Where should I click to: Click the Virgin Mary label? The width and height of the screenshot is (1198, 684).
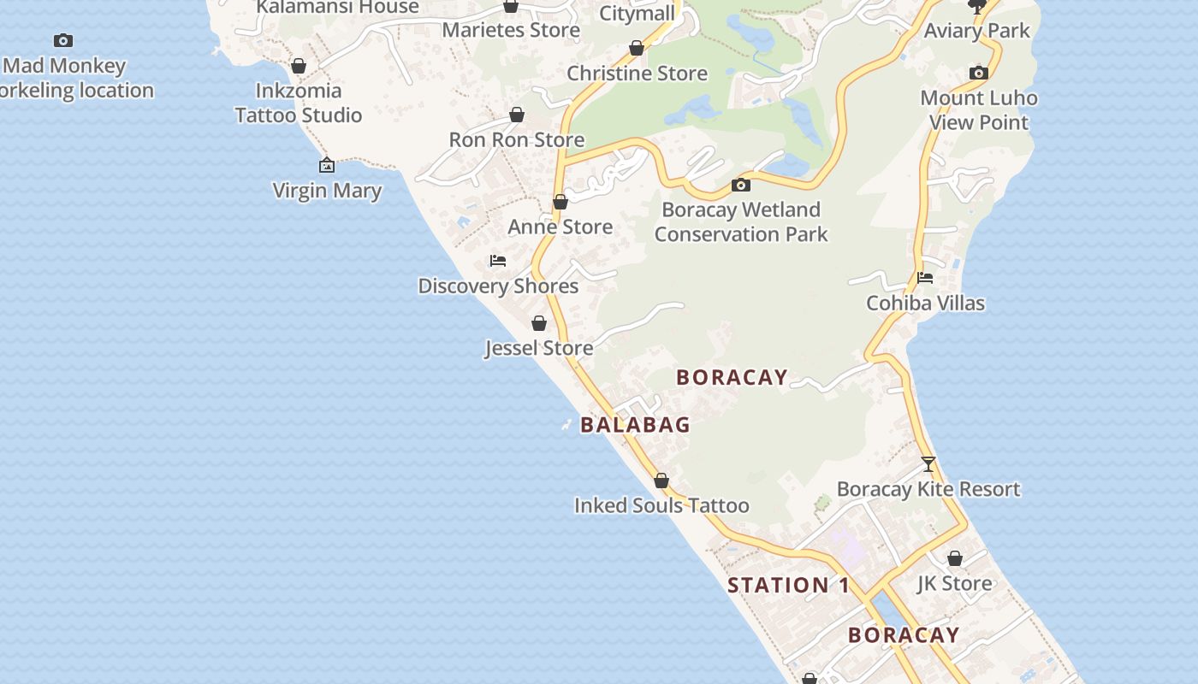click(327, 190)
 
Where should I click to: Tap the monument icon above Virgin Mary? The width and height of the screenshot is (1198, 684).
click(327, 165)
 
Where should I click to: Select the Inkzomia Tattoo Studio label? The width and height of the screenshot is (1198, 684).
click(299, 103)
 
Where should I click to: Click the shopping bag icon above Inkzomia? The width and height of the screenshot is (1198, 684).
click(299, 66)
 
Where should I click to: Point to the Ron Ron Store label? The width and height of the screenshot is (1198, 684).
click(517, 139)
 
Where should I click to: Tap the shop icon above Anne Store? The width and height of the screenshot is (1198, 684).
click(560, 202)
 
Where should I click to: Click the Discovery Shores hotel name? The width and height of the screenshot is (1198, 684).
click(498, 286)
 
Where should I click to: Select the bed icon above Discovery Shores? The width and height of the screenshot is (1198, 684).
click(498, 260)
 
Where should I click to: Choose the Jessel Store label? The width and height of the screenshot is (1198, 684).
click(539, 348)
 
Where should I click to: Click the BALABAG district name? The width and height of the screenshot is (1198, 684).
click(635, 424)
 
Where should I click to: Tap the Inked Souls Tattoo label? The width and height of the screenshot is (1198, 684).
click(661, 505)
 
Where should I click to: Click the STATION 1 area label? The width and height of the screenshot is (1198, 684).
click(789, 586)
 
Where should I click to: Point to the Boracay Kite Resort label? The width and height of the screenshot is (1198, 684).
click(928, 489)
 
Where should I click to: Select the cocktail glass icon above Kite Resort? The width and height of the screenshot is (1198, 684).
click(928, 464)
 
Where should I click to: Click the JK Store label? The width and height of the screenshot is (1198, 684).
click(955, 583)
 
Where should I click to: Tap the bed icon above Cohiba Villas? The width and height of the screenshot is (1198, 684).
click(925, 277)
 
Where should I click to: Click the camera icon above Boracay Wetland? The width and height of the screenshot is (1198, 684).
click(741, 185)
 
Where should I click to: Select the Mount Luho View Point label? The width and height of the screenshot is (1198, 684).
click(979, 110)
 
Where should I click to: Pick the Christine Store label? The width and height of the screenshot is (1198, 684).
click(638, 74)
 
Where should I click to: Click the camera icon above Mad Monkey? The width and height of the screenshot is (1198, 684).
click(63, 40)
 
